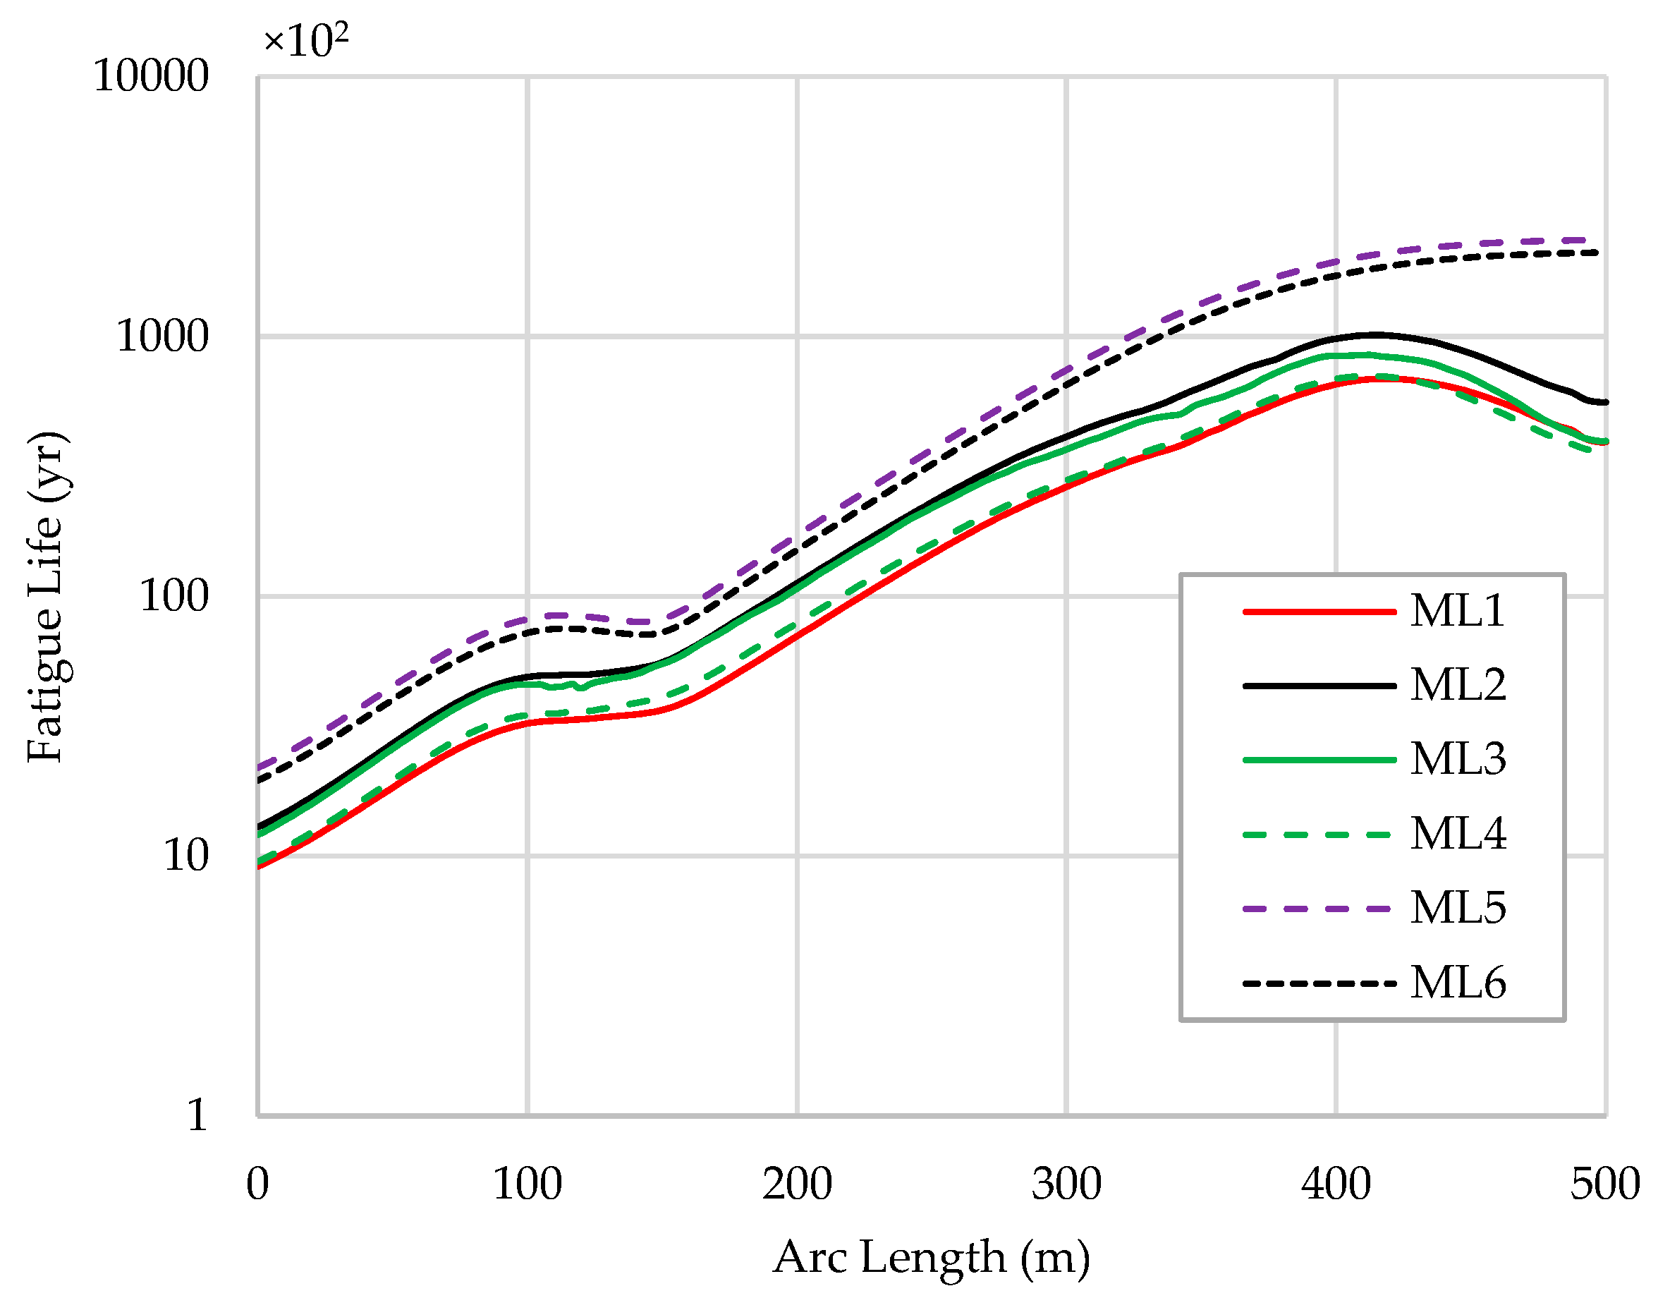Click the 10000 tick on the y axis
tap(150, 77)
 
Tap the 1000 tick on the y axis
tap(161, 336)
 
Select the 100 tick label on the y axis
tap(173, 597)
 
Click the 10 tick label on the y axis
tap(185, 856)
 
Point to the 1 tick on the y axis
tap(197, 1117)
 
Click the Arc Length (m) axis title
tap(932, 1257)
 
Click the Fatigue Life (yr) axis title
tap(47, 597)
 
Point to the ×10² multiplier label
tap(305, 40)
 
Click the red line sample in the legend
tap(1319, 612)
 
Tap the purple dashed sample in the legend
tap(1319, 909)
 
